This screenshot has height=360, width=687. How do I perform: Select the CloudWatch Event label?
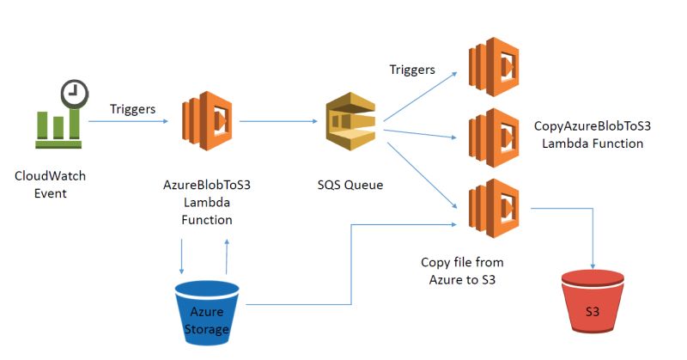51,185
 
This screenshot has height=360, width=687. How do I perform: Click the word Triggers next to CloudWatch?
133,109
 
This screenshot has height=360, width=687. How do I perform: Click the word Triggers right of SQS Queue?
412,69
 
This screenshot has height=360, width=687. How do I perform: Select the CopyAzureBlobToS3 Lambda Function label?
593,135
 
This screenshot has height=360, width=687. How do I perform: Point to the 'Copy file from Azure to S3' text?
460,270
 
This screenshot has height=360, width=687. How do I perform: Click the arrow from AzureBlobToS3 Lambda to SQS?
279,121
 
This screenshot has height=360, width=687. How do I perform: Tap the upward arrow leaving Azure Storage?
226,256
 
